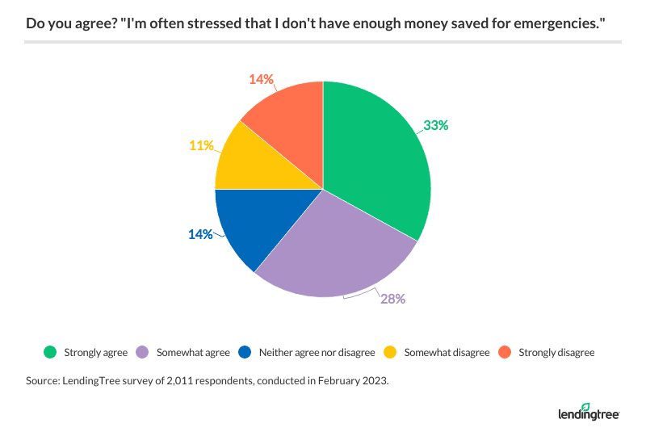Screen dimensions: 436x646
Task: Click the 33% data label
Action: click(435, 125)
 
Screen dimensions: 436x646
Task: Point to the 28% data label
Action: click(392, 298)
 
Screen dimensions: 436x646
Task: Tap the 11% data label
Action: click(202, 145)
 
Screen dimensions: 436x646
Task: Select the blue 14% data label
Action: click(201, 234)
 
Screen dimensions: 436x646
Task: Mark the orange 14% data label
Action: click(261, 79)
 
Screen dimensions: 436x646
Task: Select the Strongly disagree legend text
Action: click(557, 352)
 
